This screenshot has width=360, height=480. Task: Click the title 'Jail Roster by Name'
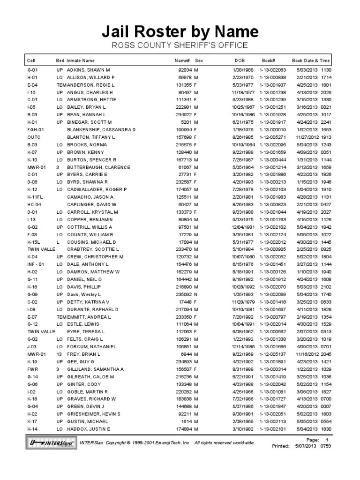click(x=180, y=31)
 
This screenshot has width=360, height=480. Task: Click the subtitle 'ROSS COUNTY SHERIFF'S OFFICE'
click(x=180, y=45)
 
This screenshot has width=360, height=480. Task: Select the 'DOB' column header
click(x=240, y=60)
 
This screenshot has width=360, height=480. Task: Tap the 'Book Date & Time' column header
click(x=311, y=60)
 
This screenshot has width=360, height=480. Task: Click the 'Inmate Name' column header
click(x=81, y=60)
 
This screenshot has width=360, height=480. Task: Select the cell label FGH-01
click(x=36, y=129)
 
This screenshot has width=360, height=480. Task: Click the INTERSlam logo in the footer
click(x=50, y=442)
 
